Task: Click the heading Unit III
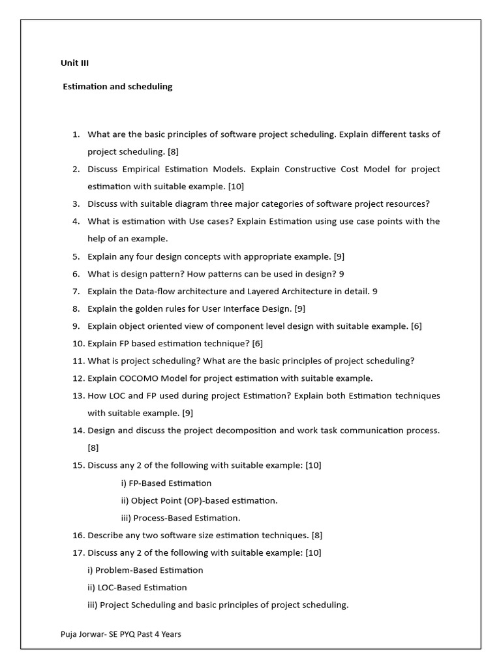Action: click(x=74, y=63)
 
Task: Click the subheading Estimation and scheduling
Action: click(x=117, y=86)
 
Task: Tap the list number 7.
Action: click(x=76, y=291)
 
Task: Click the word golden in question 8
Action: click(x=151, y=309)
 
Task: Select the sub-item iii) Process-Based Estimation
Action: click(x=181, y=518)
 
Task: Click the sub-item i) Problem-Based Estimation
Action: click(x=145, y=570)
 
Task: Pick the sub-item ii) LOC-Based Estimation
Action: click(x=137, y=588)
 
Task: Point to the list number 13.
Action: click(x=78, y=396)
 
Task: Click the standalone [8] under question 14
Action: click(x=93, y=448)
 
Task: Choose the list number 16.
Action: click(x=78, y=536)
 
